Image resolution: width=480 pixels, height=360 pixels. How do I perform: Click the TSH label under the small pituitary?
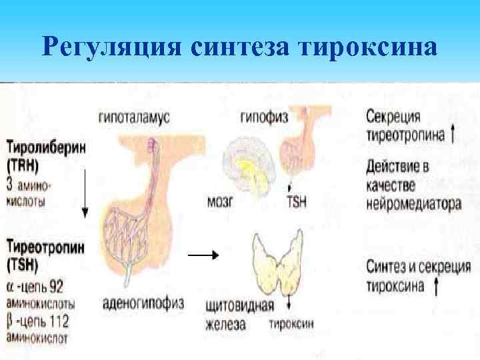tap(296, 201)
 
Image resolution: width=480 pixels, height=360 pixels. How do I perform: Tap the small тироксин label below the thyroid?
tap(291, 326)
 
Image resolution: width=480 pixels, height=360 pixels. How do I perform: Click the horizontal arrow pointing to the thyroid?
tap(203, 255)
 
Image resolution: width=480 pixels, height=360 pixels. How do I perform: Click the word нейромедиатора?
tap(413, 205)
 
